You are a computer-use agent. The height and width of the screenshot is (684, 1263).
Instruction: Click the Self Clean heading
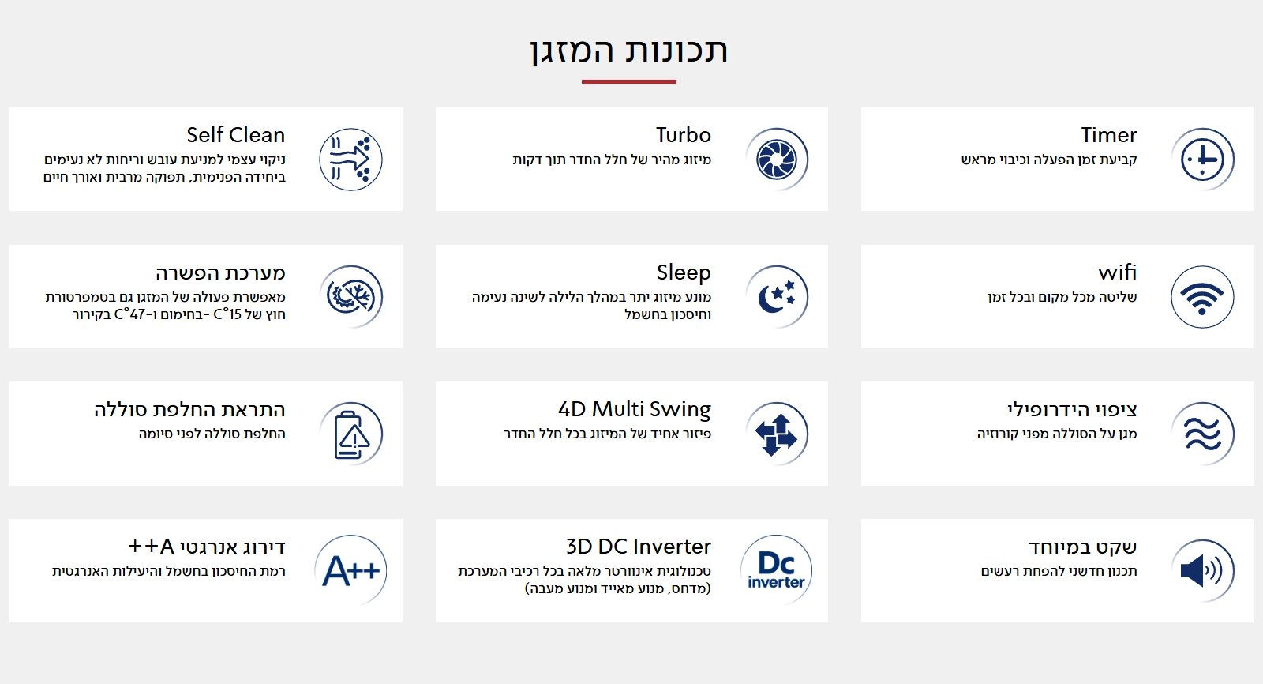235,135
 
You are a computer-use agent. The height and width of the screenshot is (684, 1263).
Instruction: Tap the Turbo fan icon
776,160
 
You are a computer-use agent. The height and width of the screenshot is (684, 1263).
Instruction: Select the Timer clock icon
1201,160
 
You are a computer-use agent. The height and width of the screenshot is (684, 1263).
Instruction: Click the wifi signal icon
1201,298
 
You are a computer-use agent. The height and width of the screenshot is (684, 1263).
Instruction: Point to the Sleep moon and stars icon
776,297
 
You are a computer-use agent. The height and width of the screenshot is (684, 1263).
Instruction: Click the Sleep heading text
684,272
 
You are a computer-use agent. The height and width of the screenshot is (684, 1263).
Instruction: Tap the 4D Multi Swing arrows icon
776,434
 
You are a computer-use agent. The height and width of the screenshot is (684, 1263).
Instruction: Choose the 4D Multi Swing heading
634,409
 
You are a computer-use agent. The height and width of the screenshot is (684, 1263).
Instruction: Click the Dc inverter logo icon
776,570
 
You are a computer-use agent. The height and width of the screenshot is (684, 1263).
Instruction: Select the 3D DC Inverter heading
638,547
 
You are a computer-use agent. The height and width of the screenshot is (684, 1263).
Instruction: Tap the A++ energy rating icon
351,570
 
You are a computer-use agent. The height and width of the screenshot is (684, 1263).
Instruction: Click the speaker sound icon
1201,570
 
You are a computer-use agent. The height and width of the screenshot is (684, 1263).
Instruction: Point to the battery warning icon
351,434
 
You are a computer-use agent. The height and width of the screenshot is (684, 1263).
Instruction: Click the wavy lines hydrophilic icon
1201,434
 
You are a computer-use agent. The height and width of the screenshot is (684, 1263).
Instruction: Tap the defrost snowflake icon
351,297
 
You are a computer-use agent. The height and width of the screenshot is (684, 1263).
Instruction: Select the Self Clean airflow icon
351,160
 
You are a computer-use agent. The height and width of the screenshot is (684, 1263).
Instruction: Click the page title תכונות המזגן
628,51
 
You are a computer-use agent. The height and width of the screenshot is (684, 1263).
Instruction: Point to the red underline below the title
628,81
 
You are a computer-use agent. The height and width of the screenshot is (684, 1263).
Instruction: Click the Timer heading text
1108,135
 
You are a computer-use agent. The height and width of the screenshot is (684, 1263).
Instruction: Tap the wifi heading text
1117,272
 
